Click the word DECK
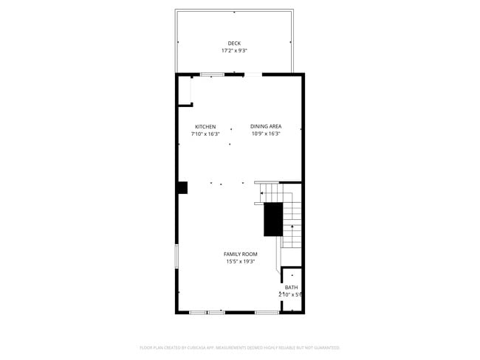pos(234,44)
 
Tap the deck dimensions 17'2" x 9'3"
pos(234,51)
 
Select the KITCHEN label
pos(205,127)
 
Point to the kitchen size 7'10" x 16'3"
pos(205,134)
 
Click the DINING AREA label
pos(266,127)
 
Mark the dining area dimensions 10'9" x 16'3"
pos(266,134)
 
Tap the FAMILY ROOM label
pos(241,254)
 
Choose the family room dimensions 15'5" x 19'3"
pos(241,261)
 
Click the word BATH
pos(292,287)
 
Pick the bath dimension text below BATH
pos(291,294)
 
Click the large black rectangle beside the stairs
pos(273,218)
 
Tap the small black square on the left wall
pos(182,188)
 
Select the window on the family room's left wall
pos(176,257)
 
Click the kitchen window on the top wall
pos(213,74)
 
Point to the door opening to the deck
pos(253,74)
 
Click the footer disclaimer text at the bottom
pos(240,347)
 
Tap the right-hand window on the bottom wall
pos(267,313)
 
